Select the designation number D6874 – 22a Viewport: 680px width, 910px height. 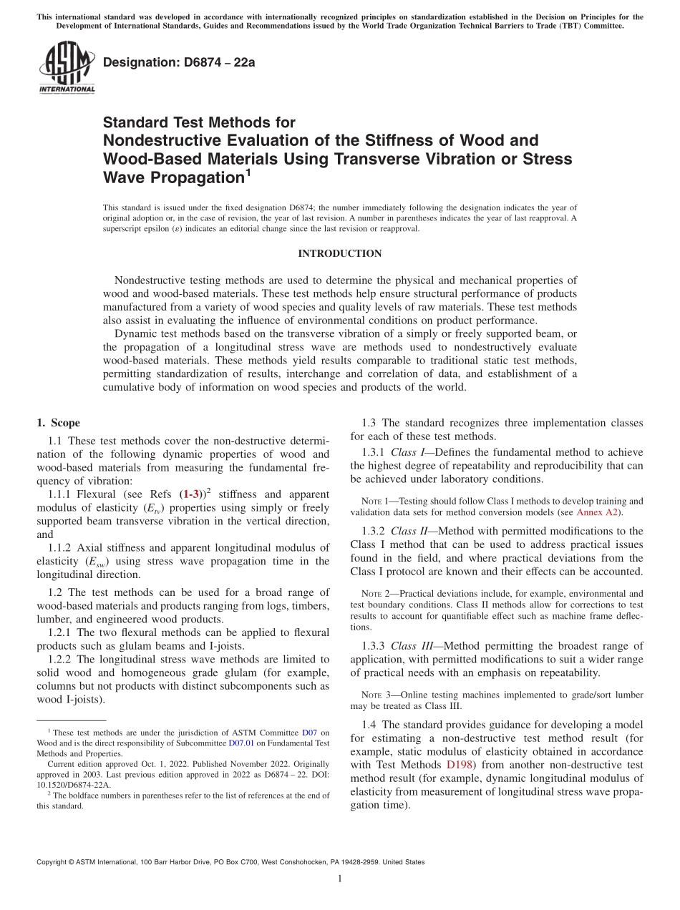click(x=179, y=62)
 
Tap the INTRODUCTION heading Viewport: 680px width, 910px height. click(x=339, y=253)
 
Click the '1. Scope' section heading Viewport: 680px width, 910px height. click(x=59, y=423)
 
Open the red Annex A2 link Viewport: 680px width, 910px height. click(x=599, y=512)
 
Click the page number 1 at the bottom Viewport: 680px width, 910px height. click(x=339, y=879)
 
